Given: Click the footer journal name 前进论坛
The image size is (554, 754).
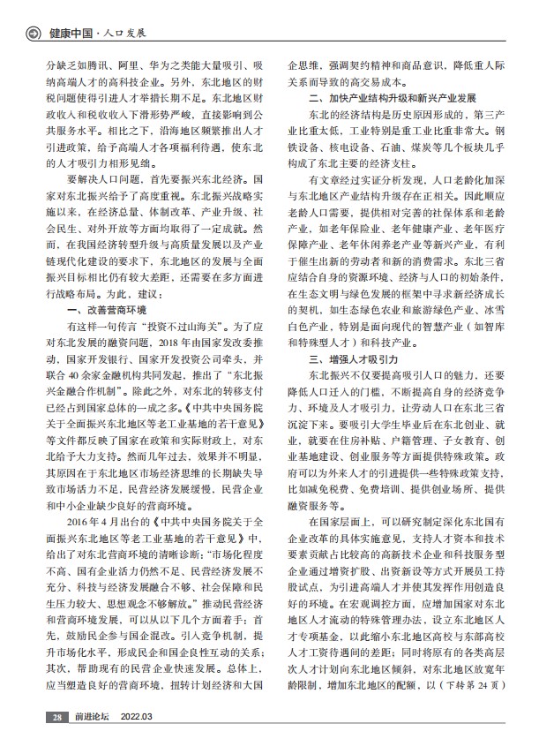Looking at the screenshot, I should [86, 742].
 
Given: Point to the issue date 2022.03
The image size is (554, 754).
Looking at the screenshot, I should [136, 742].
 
